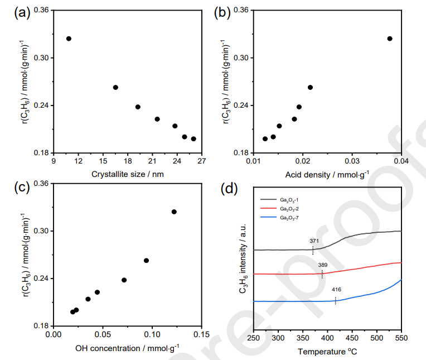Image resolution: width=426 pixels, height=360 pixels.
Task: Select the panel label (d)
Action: click(x=230, y=188)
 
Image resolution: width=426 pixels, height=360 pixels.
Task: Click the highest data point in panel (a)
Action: click(x=69, y=39)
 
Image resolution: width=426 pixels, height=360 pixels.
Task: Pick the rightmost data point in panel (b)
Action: click(x=390, y=39)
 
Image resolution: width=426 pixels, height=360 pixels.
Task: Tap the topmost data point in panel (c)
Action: click(x=174, y=212)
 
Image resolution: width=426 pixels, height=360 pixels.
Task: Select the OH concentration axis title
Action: click(x=128, y=348)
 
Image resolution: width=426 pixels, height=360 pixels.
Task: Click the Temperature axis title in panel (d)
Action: click(x=327, y=352)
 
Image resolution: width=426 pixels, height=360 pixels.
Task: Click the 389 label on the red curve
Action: click(x=323, y=265)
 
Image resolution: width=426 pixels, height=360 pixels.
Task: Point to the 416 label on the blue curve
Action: click(x=337, y=291)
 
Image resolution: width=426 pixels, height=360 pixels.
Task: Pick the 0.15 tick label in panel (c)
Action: click(x=201, y=335)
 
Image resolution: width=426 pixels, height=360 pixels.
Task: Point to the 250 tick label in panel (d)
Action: click(x=254, y=338)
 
